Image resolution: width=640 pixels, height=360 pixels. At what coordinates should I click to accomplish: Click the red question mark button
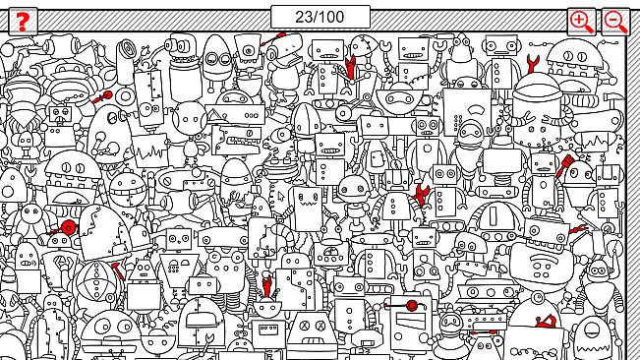point(23,21)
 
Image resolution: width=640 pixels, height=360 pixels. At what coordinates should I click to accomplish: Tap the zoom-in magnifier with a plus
point(581,21)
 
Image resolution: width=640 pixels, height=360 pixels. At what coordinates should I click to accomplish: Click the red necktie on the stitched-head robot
point(349,67)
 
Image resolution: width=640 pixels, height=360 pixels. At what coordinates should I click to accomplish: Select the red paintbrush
point(567,166)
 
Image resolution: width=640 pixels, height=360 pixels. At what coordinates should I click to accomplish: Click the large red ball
point(69,228)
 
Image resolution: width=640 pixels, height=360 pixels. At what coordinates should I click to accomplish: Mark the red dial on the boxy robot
point(413,307)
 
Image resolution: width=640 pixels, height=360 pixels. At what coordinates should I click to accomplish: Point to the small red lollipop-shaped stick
point(103,96)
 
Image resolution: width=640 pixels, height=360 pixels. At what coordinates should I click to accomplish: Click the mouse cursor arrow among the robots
point(280,196)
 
